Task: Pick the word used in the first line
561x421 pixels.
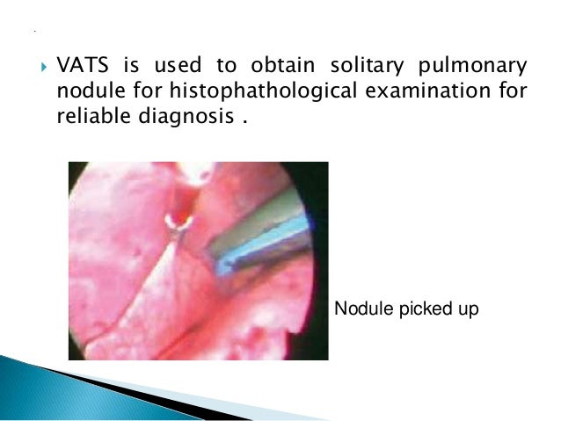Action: [172, 67]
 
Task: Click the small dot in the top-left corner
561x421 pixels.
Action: [33, 32]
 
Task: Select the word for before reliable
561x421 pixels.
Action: [514, 91]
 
